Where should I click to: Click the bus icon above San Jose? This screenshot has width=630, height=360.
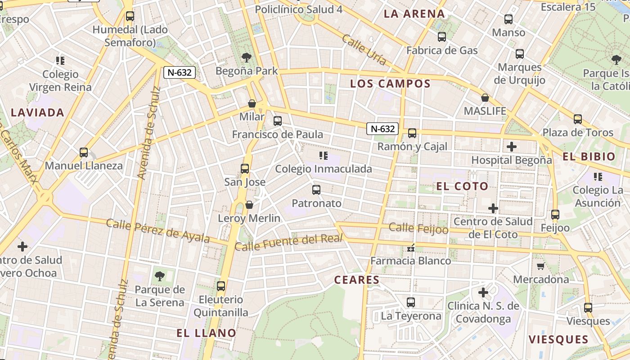pos(245,169)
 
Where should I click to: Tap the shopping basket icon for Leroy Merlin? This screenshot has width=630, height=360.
pos(249,205)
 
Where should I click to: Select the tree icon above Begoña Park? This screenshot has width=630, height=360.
pos(246,57)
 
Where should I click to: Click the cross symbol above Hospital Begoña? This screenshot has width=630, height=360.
pos(511,147)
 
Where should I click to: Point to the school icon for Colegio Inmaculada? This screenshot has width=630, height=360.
pos(323,156)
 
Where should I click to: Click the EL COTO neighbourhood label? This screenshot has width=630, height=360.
pos(462,186)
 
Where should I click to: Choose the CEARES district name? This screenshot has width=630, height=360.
pos(357,280)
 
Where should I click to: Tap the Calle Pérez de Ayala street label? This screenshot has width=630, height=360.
pos(158,230)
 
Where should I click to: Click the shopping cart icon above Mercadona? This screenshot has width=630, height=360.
pos(541,266)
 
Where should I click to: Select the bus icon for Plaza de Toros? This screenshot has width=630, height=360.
pos(578,119)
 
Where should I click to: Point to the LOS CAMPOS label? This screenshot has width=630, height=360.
pos(390,84)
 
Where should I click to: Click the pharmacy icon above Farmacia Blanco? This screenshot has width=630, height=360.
pos(410,247)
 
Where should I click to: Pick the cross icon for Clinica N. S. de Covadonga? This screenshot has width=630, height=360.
pos(483,292)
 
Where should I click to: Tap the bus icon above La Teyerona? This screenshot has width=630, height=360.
pos(410,302)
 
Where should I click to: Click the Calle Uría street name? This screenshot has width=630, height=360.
pos(364,49)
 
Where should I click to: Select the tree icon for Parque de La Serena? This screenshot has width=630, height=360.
pos(159,276)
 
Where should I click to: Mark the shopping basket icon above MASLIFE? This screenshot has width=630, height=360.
pos(485,98)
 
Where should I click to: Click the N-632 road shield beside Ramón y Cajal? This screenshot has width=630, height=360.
pos(382,129)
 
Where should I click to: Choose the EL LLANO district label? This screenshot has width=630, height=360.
pos(206,333)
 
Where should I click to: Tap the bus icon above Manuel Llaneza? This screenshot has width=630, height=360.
pos(84,153)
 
